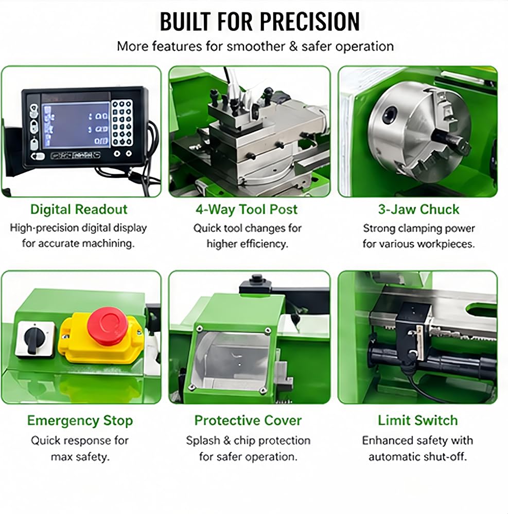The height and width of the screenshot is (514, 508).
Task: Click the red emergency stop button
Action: pos(107,326)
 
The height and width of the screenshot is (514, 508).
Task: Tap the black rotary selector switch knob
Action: pos(32,340)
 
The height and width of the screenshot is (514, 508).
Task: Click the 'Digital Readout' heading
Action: pos(79,210)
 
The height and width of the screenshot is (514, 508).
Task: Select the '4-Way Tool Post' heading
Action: pos(247,210)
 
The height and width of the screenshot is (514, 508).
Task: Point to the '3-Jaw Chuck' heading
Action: pos(418,210)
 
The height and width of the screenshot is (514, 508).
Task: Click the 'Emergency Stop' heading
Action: pos(80,420)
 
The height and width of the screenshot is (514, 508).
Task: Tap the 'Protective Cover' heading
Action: pos(248,420)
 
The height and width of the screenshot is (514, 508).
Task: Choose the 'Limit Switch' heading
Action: pos(417,420)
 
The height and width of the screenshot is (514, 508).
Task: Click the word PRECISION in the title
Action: pos(310,22)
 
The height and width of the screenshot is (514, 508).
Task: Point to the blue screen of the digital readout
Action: pos(76,125)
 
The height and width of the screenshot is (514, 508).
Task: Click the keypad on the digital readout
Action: pos(122,123)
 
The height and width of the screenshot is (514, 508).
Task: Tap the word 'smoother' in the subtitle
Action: pos(256,46)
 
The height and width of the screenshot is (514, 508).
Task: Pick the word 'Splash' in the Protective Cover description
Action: pos(203,440)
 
